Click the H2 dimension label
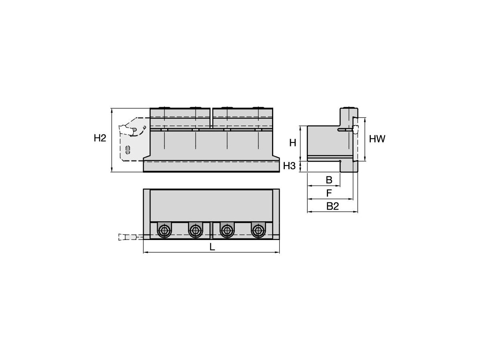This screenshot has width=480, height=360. pos(100,138)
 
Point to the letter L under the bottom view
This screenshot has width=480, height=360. pos(212,247)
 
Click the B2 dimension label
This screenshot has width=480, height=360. pos(332,206)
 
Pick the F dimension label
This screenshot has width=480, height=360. pos(329,193)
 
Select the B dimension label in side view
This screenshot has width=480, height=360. pos(329,180)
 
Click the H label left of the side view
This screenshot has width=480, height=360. pos(293,142)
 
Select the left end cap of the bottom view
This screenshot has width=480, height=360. pos(147,214)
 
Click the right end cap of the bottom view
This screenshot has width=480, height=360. pos(276,214)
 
